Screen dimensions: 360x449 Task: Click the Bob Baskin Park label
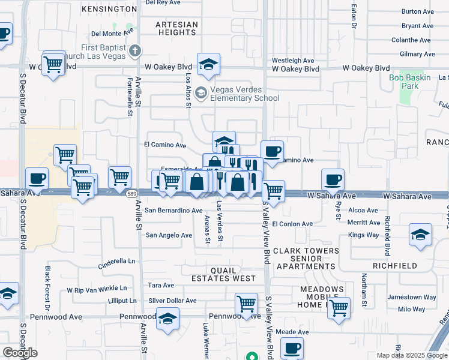click(410, 82)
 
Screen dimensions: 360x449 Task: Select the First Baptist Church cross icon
click(136, 52)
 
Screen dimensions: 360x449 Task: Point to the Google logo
click(20, 353)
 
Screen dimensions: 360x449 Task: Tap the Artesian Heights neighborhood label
click(176, 28)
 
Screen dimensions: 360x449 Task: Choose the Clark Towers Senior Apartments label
click(304, 258)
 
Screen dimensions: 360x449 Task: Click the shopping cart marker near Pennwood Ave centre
click(246, 304)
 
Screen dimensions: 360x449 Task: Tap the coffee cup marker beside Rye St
click(333, 179)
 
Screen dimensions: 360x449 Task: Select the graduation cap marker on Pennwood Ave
click(168, 319)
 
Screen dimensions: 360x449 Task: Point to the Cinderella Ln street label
click(117, 262)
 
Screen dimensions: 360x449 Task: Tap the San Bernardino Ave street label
click(174, 211)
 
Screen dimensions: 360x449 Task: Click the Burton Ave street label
click(417, 11)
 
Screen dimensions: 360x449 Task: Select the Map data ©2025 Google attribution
click(412, 355)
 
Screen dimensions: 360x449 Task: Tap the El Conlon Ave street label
click(292, 224)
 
